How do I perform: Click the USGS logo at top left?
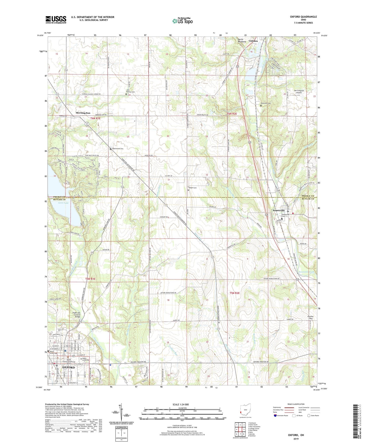56,20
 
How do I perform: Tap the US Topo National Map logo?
182,21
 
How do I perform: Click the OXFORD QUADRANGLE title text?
303,17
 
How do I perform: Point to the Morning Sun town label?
83,113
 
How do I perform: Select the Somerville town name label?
279,211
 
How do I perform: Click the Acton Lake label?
63,203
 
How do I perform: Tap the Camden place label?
253,41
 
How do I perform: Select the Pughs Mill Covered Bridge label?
76,315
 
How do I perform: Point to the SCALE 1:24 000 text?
181,405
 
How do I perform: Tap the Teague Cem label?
193,188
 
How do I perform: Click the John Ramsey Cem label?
131,91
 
